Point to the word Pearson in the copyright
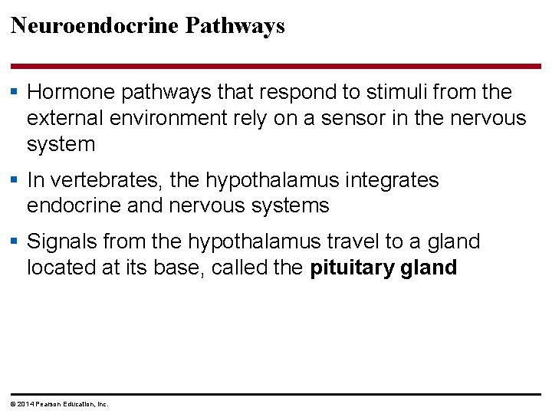[48, 404]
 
